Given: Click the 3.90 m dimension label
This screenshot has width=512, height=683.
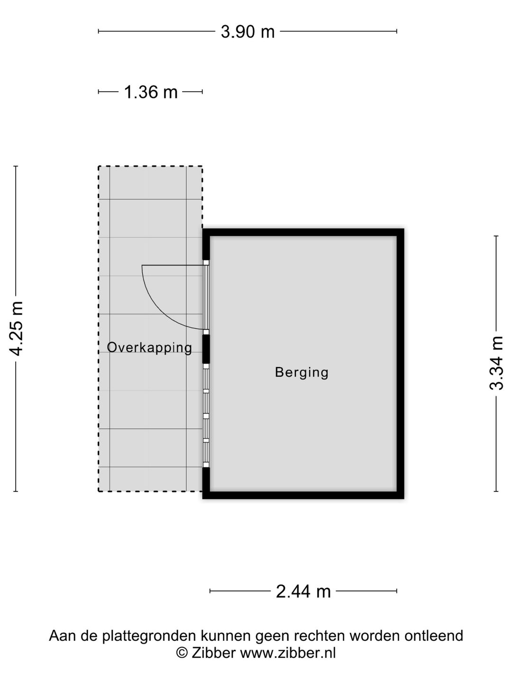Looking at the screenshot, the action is [x=247, y=32].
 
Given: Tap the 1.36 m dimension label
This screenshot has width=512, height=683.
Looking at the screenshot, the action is [x=151, y=92].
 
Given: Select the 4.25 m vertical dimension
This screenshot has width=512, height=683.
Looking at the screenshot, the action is [x=16, y=329].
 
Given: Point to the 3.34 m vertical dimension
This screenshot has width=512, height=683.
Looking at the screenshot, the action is [x=496, y=363].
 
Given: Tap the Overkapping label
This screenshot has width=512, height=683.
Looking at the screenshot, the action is [x=149, y=348].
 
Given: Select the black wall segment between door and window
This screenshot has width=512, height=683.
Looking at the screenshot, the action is [x=206, y=349].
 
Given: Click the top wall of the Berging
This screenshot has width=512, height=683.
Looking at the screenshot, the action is [x=303, y=232].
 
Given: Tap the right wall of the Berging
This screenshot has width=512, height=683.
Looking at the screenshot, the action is [x=401, y=364].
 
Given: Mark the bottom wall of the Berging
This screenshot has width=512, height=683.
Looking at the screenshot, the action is [x=303, y=495].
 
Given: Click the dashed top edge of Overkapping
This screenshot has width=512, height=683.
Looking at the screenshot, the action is [x=150, y=166].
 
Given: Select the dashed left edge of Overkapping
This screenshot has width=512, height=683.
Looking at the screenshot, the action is [x=99, y=329].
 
